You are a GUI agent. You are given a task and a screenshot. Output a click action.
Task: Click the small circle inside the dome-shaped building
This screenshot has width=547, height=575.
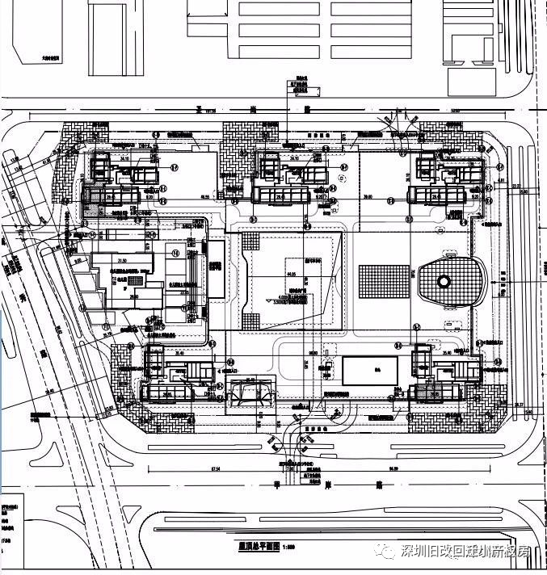(x=444, y=282)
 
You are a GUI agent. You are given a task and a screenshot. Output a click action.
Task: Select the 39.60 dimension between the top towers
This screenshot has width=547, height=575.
(x=368, y=197)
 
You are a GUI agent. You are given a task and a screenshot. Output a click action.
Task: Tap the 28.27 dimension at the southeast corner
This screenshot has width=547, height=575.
(x=519, y=405)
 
